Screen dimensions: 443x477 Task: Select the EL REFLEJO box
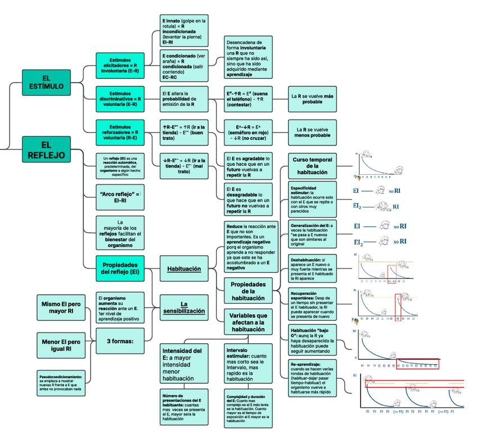[x=46, y=150]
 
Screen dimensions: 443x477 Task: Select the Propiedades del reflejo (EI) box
[x=119, y=268]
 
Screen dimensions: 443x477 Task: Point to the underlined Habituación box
[x=183, y=269]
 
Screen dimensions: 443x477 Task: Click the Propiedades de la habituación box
[x=248, y=290]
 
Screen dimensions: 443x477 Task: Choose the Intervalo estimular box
[x=248, y=363]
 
